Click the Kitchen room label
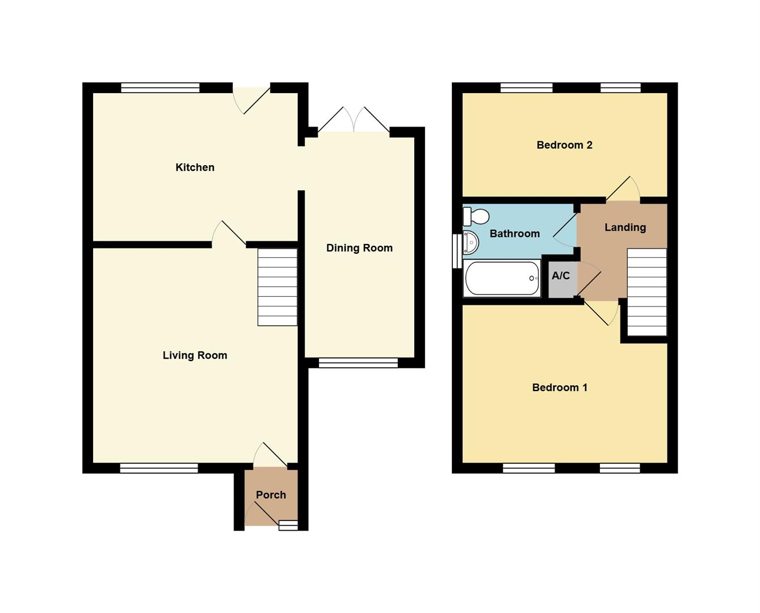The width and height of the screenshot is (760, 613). tap(195, 167)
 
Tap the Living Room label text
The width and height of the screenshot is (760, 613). tap(195, 355)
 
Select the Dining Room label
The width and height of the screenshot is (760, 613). tap(359, 248)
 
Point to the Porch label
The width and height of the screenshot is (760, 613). tap(271, 495)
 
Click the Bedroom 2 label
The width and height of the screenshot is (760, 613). tap(564, 145)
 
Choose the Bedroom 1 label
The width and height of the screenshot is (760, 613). tap(560, 387)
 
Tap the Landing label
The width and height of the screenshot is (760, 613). tap(625, 228)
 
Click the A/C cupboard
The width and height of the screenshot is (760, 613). tap(563, 279)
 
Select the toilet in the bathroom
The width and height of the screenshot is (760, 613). tap(476, 216)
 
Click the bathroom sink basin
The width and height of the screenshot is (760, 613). tap(471, 242)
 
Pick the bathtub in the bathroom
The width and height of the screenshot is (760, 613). tap(502, 279)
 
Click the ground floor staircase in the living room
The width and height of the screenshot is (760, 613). tap(277, 287)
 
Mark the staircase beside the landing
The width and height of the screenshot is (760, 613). tap(646, 292)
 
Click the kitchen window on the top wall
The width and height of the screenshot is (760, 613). tap(160, 87)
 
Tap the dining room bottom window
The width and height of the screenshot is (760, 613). tap(358, 363)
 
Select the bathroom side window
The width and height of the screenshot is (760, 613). tap(457, 251)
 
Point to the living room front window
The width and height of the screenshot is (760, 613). tap(159, 468)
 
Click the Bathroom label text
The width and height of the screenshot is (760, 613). tap(515, 234)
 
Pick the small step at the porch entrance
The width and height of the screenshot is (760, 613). tap(288, 526)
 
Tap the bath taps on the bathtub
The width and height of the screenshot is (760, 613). tap(534, 279)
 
